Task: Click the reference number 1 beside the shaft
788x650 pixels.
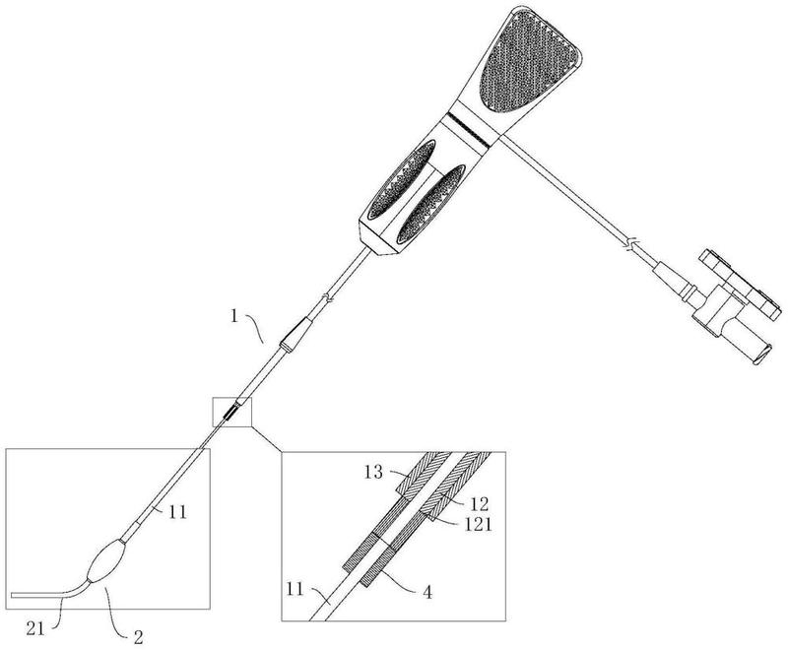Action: point(234,317)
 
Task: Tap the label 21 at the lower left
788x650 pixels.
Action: point(35,629)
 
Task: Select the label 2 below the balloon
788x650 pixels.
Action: point(138,637)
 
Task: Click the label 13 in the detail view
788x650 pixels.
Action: point(373,472)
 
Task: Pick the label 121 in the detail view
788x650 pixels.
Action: point(477,524)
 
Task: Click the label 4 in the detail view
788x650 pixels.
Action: point(427,593)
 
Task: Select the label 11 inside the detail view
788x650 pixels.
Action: point(295,589)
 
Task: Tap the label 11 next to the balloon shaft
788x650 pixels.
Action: point(177,512)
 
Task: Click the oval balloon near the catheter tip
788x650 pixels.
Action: point(105,561)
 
